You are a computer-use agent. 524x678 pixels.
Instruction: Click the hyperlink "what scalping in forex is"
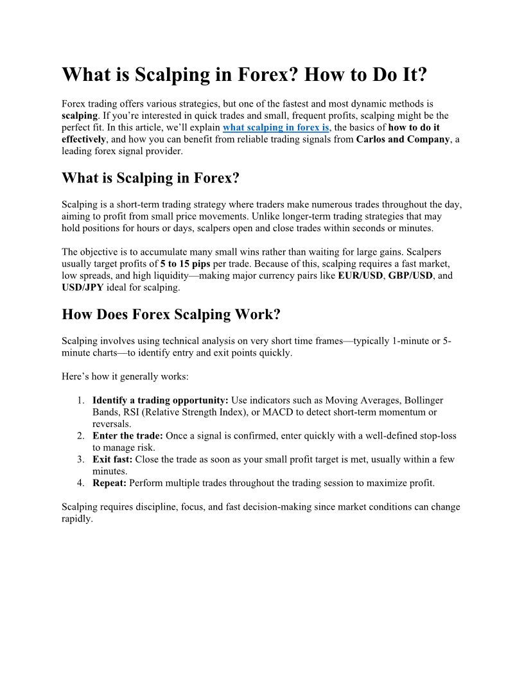point(276,128)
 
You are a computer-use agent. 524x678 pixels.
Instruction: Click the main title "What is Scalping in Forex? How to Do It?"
point(244,74)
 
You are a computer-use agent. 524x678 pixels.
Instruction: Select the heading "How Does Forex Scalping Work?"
point(171,315)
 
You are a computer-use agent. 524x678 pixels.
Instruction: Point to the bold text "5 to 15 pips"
point(186,265)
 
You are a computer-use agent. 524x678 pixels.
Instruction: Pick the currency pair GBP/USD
point(411,276)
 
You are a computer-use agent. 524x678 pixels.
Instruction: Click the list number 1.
point(81,401)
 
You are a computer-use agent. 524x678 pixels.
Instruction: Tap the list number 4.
point(81,483)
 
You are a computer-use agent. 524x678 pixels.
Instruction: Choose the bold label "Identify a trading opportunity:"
point(161,401)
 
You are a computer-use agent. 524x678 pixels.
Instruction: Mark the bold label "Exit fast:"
point(112,460)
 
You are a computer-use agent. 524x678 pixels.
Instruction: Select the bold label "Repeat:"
point(110,483)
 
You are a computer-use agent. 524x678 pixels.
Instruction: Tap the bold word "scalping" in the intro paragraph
point(80,116)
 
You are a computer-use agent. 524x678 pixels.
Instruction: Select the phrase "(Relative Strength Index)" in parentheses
point(191,412)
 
